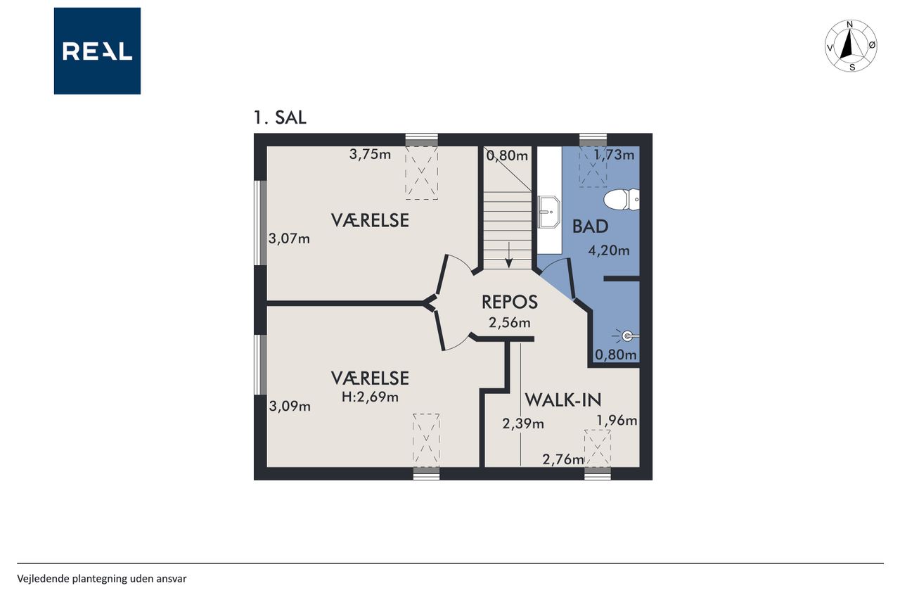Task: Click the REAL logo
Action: pos(97,51)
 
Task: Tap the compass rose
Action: pos(851,46)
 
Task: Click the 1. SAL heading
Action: pos(280,117)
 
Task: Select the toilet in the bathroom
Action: pos(621,200)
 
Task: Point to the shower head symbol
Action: pos(626,336)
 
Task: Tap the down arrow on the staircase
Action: pos(509,255)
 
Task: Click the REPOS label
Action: pos(510,302)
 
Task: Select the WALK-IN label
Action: pos(563,400)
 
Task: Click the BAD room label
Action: pos(590,226)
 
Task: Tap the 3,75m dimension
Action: pos(370,154)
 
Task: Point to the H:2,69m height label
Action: pos(370,397)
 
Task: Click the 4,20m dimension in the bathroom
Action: pos(609,251)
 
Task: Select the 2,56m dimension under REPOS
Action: pos(510,323)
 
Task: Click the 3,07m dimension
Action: pos(289,238)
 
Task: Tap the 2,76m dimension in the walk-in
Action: pos(563,459)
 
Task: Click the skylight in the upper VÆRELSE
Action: pos(421,173)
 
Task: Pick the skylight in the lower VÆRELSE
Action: pos(426,440)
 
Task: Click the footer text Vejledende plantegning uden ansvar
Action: pos(102,579)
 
